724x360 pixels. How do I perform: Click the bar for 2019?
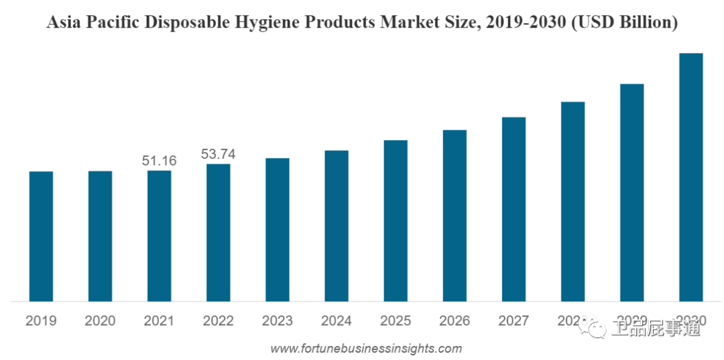tap(41, 236)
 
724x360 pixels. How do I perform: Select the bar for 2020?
tap(100, 236)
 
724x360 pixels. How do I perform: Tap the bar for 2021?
tap(159, 235)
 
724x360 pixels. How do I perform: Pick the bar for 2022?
tap(218, 232)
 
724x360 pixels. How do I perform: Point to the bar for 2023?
tap(278, 229)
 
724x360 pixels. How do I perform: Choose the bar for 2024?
tap(337, 225)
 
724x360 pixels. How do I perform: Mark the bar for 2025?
tap(396, 221)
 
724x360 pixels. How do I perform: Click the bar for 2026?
tap(455, 215)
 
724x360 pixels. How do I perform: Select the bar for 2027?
tap(514, 208)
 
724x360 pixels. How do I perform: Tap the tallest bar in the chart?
tap(690, 177)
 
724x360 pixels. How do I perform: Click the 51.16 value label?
tap(159, 160)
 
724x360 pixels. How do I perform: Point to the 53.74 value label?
tap(218, 154)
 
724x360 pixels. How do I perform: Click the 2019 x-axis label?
tap(41, 321)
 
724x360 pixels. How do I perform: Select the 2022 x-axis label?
tap(218, 321)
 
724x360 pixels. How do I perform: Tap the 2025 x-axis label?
tap(396, 321)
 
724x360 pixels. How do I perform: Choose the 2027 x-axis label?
tap(514, 321)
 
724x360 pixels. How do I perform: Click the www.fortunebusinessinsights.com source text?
tap(366, 349)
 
